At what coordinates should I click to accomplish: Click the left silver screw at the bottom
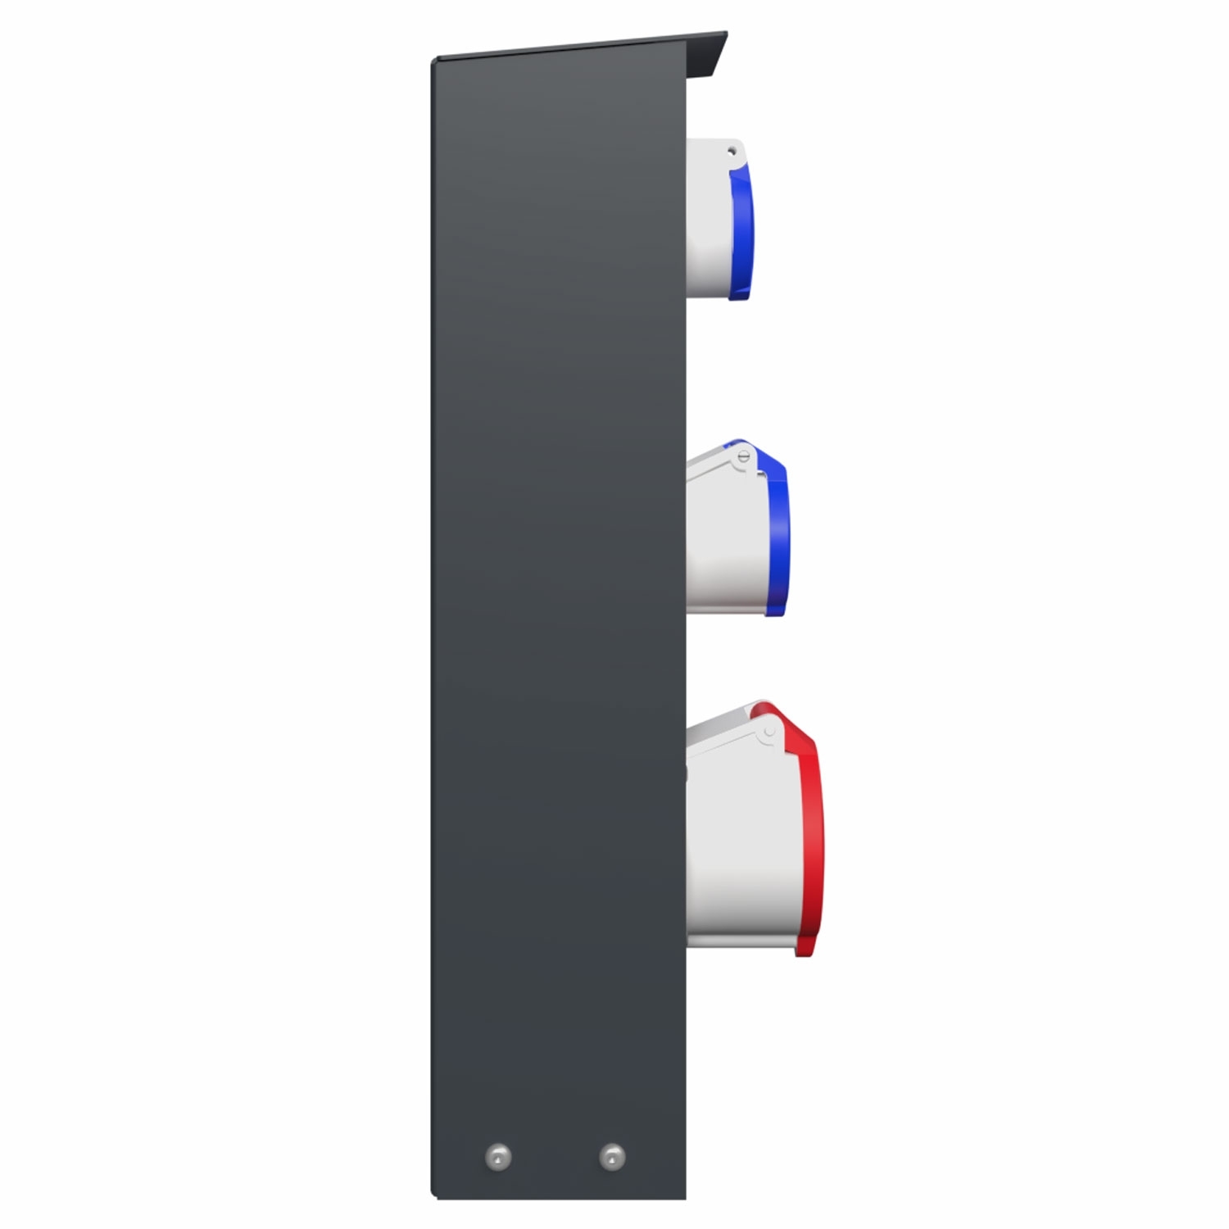[498, 1157]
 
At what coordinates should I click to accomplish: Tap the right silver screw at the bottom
[611, 1157]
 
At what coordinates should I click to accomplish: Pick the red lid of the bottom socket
[807, 836]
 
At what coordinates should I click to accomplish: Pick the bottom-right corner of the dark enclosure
[685, 1198]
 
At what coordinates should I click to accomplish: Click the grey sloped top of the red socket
[721, 721]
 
